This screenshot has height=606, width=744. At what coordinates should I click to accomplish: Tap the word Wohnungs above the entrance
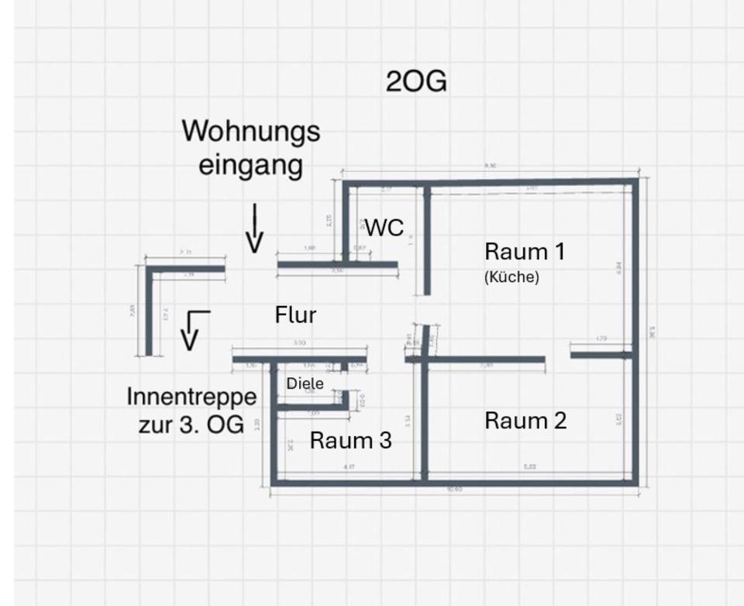click(x=250, y=131)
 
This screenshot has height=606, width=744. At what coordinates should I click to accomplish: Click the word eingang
click(x=250, y=165)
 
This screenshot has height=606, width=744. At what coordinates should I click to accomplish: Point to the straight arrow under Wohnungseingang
click(x=253, y=229)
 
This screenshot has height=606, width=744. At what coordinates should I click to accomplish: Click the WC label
click(x=384, y=228)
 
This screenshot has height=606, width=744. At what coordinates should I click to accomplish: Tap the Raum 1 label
click(x=525, y=252)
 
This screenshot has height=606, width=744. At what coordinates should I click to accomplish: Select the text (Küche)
click(x=511, y=277)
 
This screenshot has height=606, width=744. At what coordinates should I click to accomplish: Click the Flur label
click(x=295, y=315)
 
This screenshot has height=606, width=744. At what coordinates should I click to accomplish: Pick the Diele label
click(x=305, y=383)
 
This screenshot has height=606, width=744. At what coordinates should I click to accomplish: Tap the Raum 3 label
click(x=350, y=441)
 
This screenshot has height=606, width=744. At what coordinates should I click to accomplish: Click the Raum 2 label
click(x=525, y=421)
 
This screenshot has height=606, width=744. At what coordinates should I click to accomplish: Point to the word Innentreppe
click(x=191, y=397)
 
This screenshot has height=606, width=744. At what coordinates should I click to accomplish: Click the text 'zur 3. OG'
click(x=191, y=425)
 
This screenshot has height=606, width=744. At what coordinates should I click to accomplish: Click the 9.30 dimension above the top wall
click(x=490, y=166)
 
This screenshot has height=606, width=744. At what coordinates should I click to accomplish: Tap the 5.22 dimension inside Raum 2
click(x=530, y=467)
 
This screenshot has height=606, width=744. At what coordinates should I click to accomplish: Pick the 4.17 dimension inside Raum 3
click(x=350, y=467)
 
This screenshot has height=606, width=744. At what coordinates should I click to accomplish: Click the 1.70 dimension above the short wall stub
click(x=601, y=339)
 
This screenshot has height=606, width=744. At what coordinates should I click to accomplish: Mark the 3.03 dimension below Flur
click(x=299, y=343)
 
